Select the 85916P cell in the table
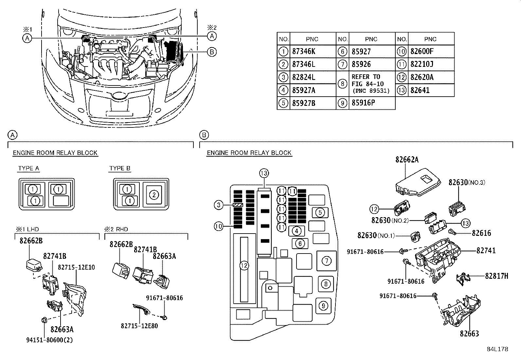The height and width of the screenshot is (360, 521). coord(363,103)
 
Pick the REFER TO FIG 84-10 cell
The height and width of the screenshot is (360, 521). coord(370,84)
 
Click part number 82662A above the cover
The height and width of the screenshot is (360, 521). coord(407,160)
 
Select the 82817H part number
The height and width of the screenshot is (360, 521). coord(496,276)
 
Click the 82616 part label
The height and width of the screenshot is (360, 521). coord(481,233)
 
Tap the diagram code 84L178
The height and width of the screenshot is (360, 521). coord(497,349)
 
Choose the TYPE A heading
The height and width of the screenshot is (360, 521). coord(29,168)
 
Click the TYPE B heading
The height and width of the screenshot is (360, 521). coord(120,168)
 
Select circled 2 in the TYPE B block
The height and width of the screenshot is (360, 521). coord(154,195)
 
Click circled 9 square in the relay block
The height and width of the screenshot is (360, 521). coord(323,306)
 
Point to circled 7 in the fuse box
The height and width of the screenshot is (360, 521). coord(326,261)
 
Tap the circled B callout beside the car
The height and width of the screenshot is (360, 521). coord(212,51)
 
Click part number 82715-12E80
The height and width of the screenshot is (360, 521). coord(139,326)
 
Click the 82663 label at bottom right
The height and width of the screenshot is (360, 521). coord(469,333)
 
